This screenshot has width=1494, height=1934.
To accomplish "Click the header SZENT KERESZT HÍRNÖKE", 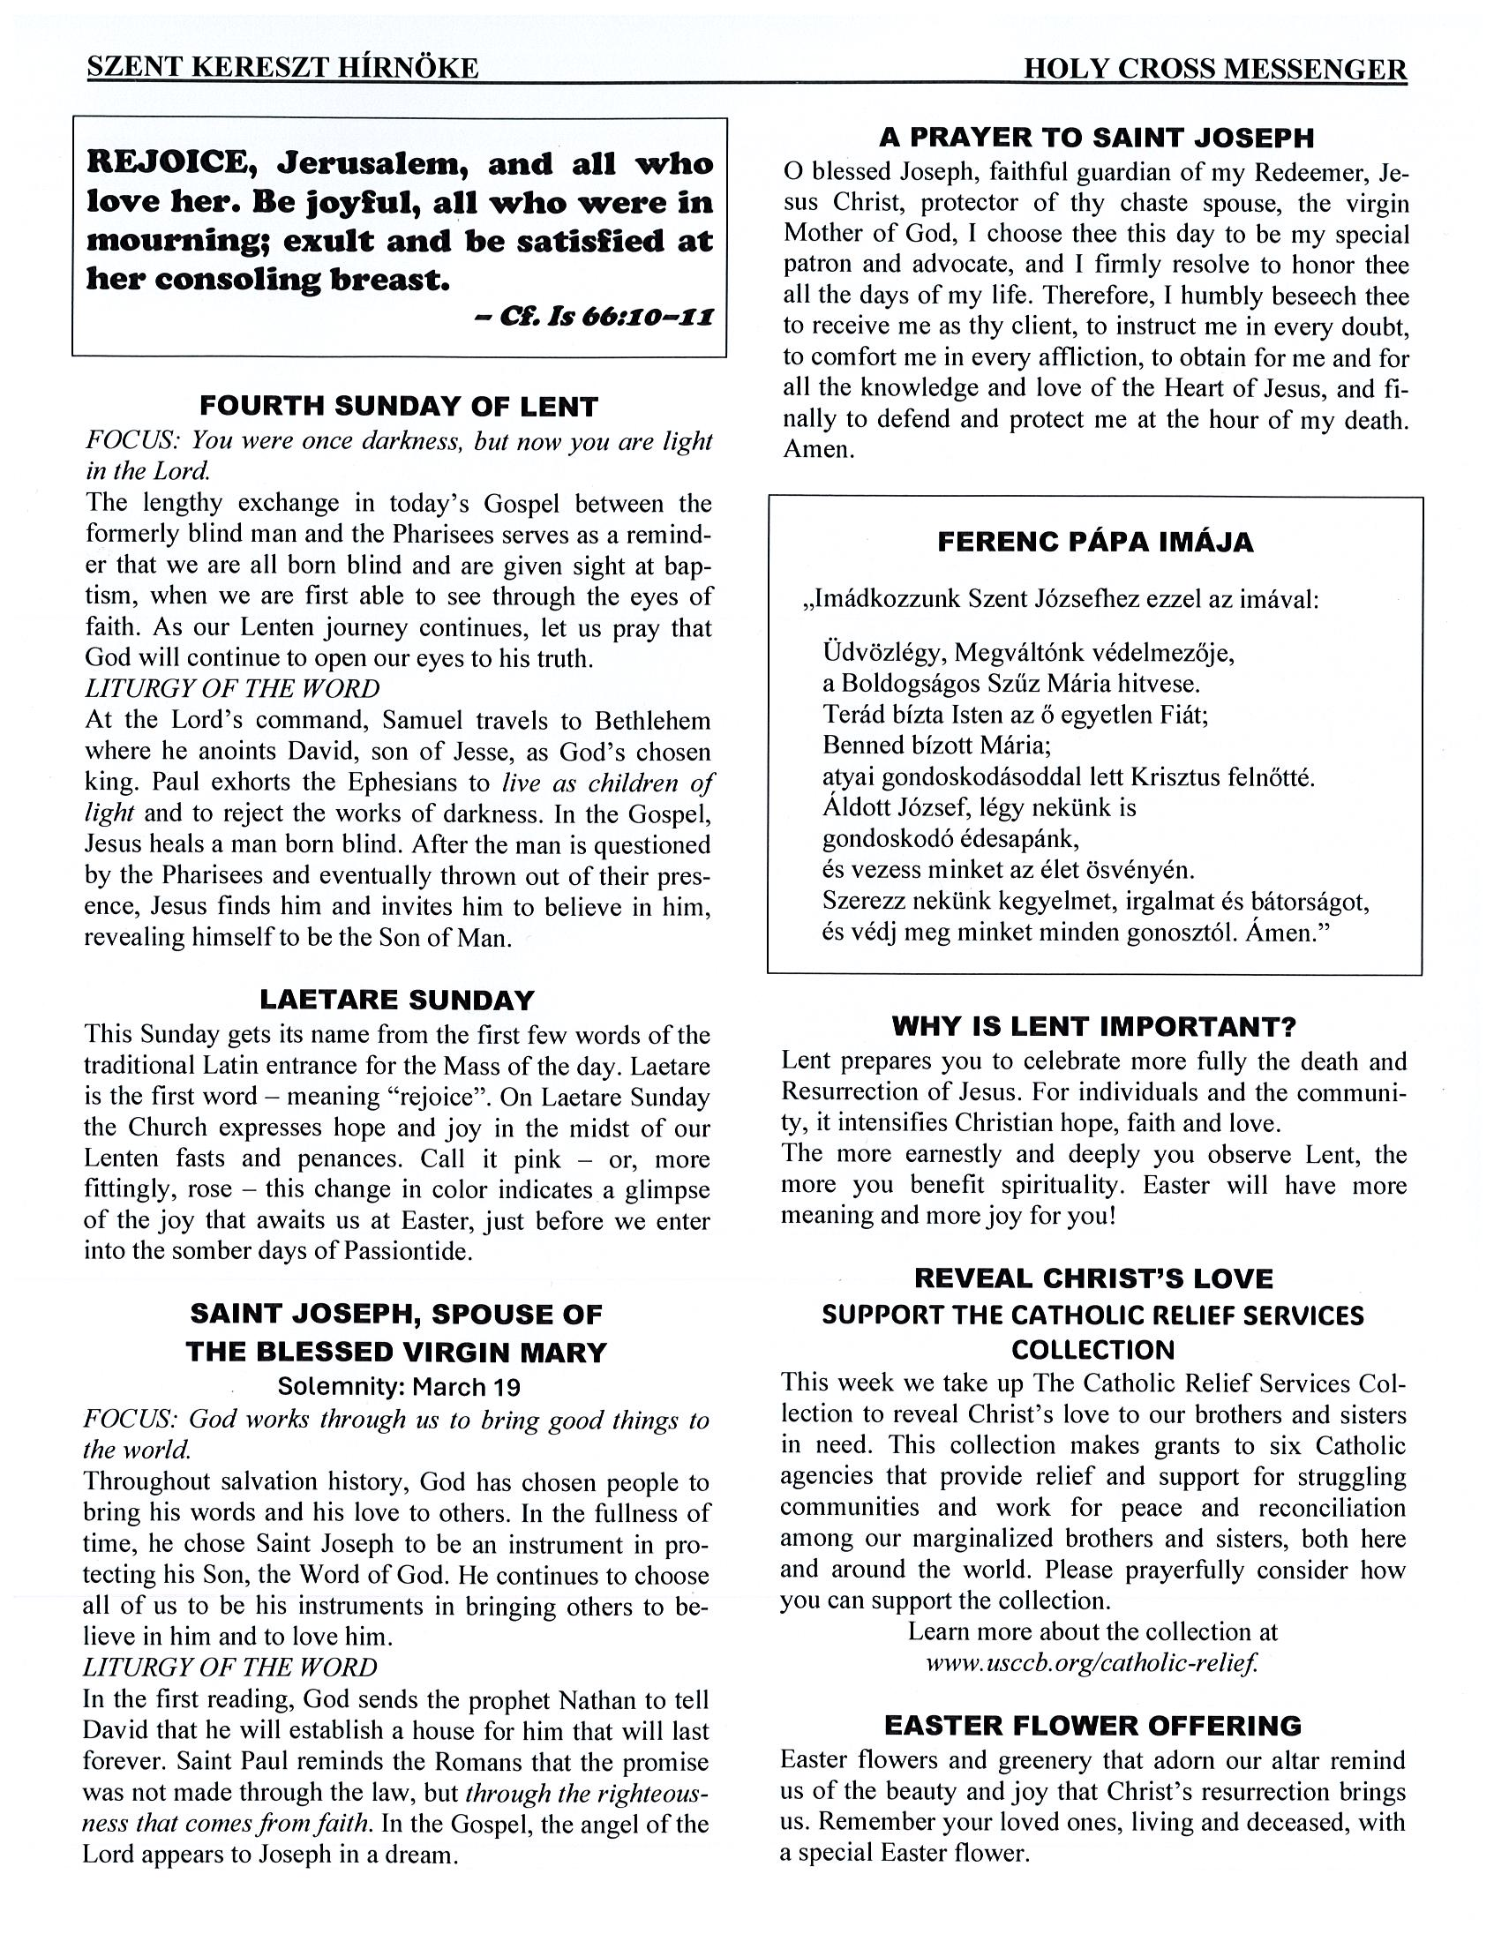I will (282, 68).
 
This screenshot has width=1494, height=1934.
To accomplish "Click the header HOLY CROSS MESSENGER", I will (1214, 69).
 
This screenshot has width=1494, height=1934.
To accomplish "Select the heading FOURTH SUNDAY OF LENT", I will (399, 407).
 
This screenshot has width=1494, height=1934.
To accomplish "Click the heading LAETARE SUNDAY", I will (398, 1000).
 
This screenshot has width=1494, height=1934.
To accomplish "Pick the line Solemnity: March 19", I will (399, 1386).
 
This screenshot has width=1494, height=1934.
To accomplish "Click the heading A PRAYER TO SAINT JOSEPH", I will (1096, 138).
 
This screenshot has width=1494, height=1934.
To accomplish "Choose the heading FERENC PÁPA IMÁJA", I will (1095, 542).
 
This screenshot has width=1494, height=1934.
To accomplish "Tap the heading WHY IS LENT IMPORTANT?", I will (1093, 1026).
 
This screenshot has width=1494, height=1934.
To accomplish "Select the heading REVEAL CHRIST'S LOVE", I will (1093, 1278).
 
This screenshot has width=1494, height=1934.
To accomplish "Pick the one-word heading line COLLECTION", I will (1092, 1351).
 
